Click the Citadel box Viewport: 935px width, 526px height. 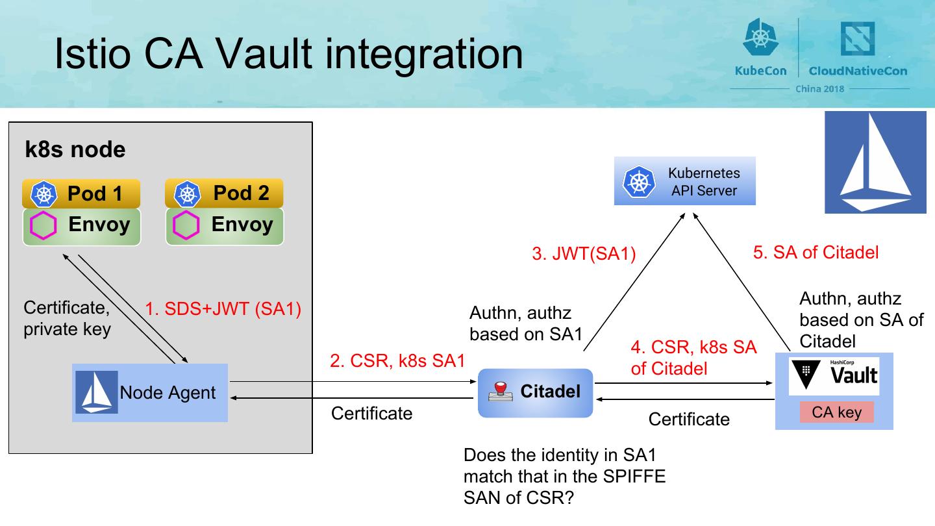pyautogui.click(x=536, y=393)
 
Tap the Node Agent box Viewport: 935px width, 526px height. pyautogui.click(x=150, y=393)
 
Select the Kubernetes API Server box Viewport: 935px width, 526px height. pyautogui.click(x=685, y=181)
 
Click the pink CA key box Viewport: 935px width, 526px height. pyautogui.click(x=836, y=412)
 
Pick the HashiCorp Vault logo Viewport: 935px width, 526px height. pyautogui.click(x=834, y=376)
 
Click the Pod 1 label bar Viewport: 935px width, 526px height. pyautogui.click(x=81, y=194)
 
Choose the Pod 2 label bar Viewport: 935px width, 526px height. pyautogui.click(x=225, y=194)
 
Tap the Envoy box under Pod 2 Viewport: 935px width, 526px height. pyautogui.click(x=225, y=226)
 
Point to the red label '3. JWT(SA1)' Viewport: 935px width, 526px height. pyautogui.click(x=584, y=254)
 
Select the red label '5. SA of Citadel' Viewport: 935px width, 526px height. pyautogui.click(x=816, y=252)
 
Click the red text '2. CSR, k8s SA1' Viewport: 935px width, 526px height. pyautogui.click(x=397, y=360)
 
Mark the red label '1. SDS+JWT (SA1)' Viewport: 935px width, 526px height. pyautogui.click(x=223, y=309)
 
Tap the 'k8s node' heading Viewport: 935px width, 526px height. pyautogui.click(x=75, y=150)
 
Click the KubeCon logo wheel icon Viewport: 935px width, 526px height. pyautogui.click(x=760, y=38)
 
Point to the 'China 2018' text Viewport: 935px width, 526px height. pyautogui.click(x=819, y=88)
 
